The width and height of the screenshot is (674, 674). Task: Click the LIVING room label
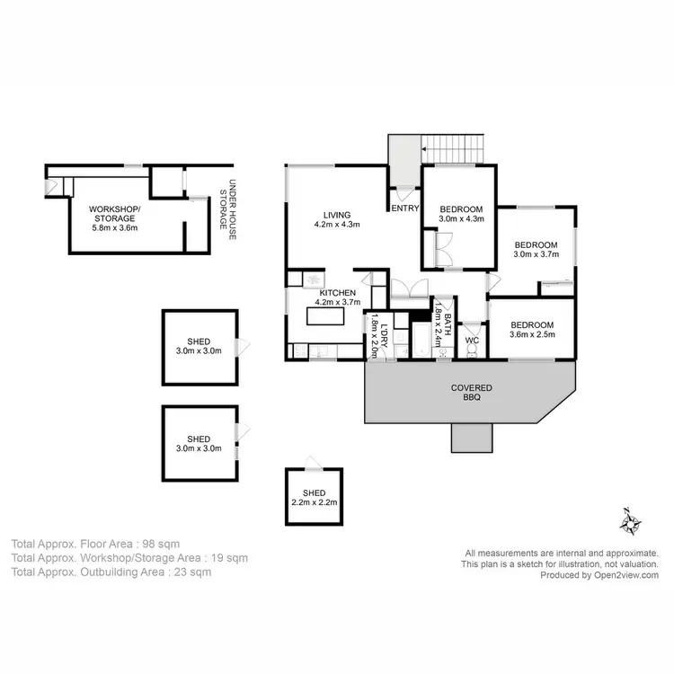337,215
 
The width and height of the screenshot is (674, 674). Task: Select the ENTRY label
404,208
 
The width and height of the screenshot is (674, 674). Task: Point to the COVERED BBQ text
471,392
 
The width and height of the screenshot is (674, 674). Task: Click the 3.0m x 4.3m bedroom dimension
461,218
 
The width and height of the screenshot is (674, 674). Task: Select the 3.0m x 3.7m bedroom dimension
536,254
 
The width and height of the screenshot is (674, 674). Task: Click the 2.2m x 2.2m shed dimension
314,502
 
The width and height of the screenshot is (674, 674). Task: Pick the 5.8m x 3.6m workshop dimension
114,227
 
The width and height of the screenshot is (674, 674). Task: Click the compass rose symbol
632,520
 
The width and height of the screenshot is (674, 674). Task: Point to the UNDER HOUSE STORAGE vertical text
227,207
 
